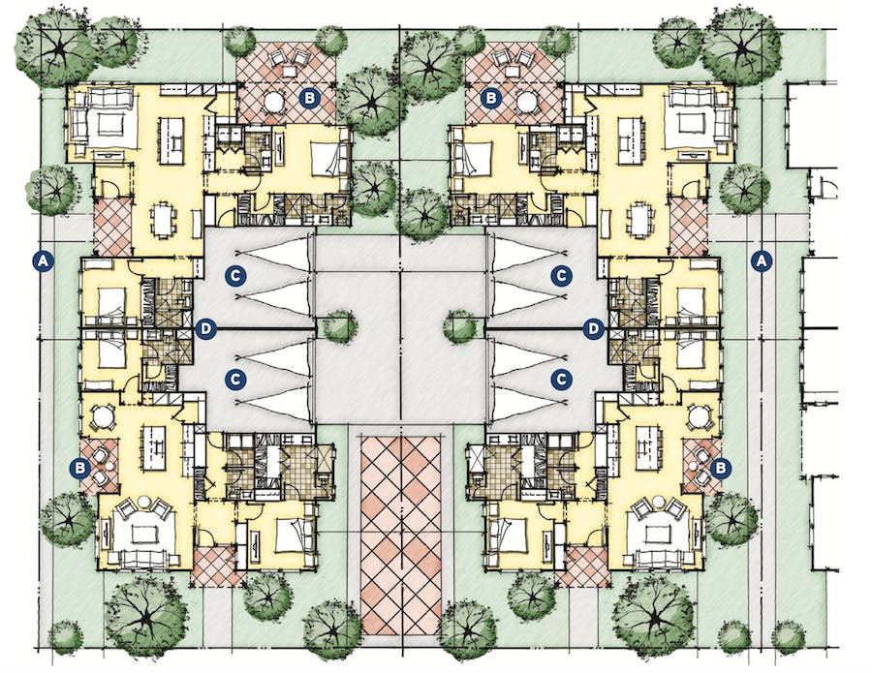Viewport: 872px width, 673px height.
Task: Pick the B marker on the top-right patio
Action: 491,97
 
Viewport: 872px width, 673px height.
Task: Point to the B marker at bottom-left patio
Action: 81,467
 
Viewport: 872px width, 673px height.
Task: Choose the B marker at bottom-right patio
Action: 720,467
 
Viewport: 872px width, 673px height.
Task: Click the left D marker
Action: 204,329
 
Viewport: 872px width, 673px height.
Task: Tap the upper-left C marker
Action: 238,275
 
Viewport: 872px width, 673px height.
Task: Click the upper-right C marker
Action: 560,275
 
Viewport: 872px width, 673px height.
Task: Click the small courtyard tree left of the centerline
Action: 338,326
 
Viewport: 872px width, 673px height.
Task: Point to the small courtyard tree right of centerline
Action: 460,326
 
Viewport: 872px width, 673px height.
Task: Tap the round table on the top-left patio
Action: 274,101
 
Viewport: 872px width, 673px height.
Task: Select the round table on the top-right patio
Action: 527,101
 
